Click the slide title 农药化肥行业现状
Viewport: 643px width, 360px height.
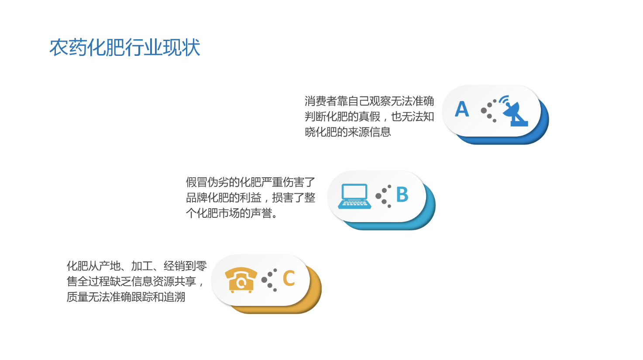(124, 47)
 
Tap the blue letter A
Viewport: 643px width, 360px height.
(462, 109)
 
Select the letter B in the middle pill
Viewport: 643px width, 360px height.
(402, 195)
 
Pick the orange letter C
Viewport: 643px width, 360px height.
(289, 278)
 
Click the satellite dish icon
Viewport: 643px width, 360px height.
(515, 111)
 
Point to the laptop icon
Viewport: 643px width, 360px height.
(354, 196)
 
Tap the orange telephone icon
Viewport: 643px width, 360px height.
(241, 280)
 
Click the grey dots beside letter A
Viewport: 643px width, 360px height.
(488, 111)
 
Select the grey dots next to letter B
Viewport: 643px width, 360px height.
(384, 196)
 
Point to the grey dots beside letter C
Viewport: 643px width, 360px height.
(269, 280)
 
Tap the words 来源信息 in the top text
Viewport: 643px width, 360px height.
(369, 132)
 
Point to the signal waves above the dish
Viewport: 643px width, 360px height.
(504, 99)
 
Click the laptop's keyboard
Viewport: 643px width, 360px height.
(354, 204)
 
